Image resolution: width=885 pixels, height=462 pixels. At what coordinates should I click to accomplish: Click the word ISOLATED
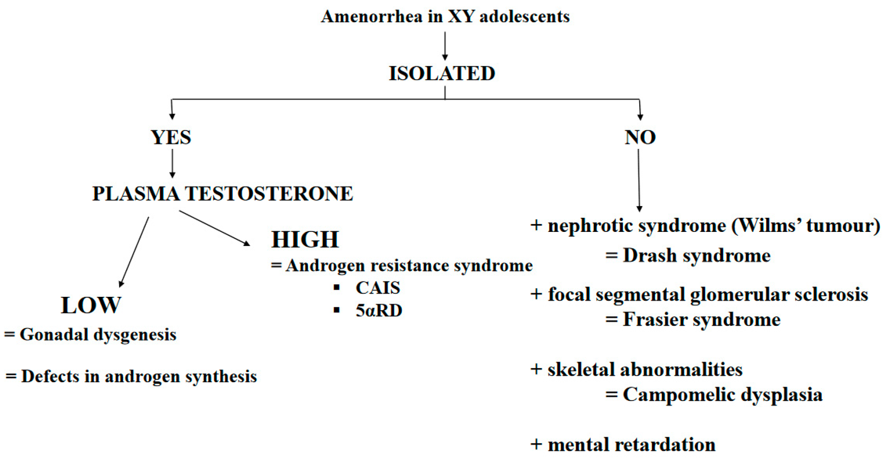(x=442, y=74)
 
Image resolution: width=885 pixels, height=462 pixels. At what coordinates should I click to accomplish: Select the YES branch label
(x=171, y=137)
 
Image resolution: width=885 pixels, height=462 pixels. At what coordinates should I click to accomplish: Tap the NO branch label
(x=640, y=137)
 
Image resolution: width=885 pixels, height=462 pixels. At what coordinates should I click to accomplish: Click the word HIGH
(x=305, y=240)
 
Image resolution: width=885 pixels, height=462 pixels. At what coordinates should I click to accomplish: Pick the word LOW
(x=91, y=305)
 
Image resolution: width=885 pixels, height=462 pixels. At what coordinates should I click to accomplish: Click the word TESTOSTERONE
(x=269, y=194)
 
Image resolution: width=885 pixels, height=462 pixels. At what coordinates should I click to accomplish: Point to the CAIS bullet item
(x=378, y=288)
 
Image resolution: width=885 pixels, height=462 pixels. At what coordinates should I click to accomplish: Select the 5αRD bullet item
(x=379, y=310)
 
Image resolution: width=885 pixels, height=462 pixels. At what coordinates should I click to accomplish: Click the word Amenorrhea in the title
(x=372, y=16)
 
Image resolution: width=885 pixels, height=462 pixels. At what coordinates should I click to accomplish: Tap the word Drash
(x=650, y=255)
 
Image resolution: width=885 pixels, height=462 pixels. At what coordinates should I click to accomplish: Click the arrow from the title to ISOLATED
(x=445, y=45)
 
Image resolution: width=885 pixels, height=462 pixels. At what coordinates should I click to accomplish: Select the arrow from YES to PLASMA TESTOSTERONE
(x=172, y=163)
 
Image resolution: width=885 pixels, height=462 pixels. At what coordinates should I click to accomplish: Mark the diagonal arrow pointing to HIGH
(x=214, y=227)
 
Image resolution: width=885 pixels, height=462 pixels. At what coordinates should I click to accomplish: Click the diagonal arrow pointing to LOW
(x=135, y=251)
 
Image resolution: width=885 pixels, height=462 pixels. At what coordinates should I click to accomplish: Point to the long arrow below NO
(x=639, y=180)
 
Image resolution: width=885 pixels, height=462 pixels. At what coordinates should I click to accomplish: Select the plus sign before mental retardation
(x=536, y=445)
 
